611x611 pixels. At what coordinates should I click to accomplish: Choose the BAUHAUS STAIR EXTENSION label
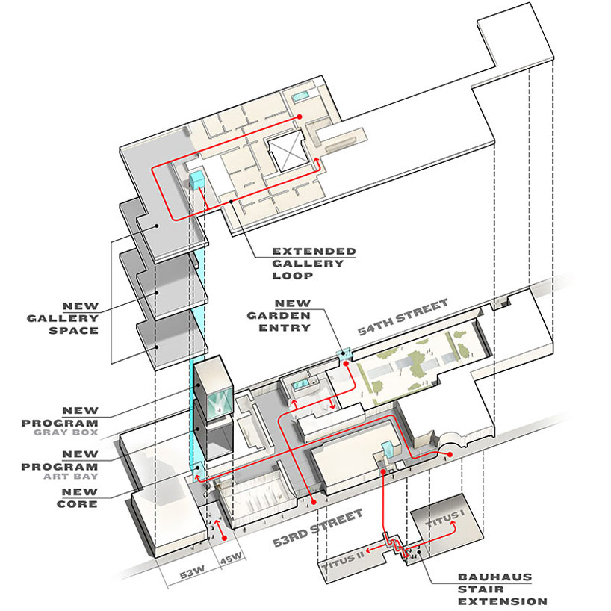coord(503,589)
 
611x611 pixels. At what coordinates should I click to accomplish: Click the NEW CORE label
coord(81,497)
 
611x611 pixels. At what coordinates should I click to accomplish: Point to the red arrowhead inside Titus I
coord(453,523)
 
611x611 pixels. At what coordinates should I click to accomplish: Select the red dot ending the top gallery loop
coord(298,117)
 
